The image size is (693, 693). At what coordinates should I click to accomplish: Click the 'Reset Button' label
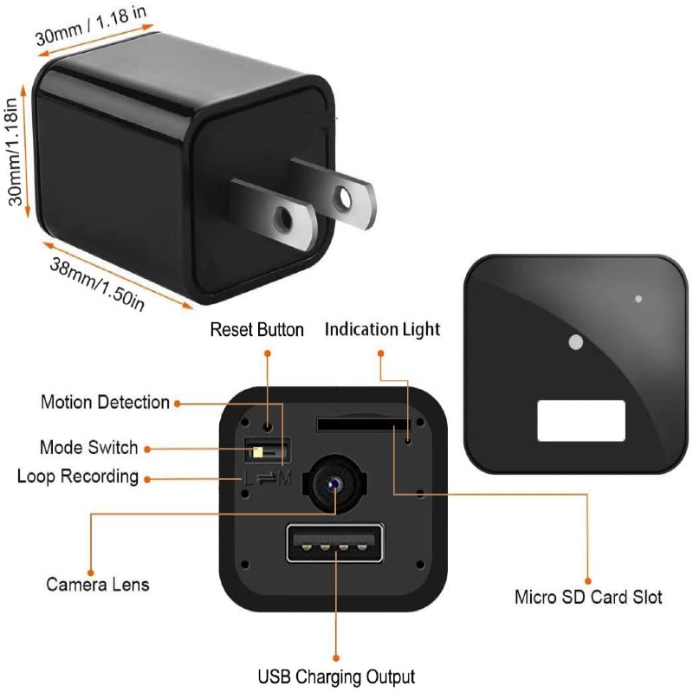[x=257, y=330]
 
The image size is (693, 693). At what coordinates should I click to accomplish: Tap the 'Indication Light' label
[x=382, y=330]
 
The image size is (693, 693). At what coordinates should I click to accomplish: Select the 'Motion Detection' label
[x=105, y=402]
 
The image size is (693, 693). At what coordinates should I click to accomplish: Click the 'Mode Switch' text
[x=88, y=448]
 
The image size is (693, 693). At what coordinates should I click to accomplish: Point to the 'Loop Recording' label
[x=78, y=476]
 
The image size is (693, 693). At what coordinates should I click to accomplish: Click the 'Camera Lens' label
[x=97, y=584]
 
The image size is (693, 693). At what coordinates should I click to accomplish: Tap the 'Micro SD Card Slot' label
[x=588, y=598]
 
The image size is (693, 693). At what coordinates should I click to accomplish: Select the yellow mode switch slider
[x=257, y=450]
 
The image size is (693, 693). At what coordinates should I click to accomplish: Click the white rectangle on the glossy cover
[x=581, y=420]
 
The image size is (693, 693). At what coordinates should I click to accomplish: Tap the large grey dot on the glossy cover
[x=573, y=343]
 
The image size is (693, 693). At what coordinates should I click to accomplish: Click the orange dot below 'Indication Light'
[x=381, y=353]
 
